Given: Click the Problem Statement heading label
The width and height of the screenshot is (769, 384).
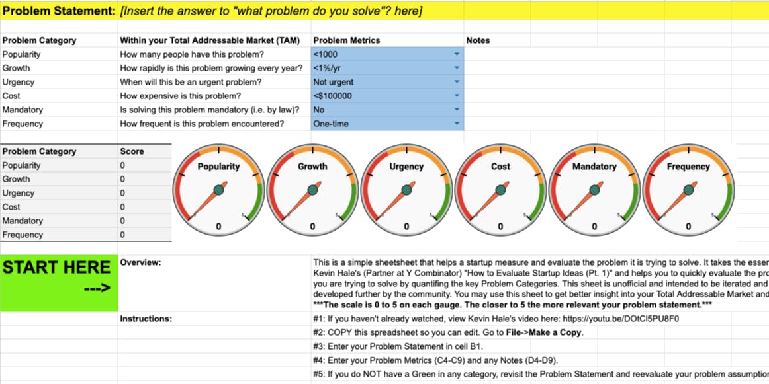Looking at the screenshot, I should click(58, 11).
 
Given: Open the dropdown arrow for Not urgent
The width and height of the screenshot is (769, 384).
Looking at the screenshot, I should click(457, 82).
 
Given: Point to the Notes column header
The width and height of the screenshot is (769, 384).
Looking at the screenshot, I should click(478, 40).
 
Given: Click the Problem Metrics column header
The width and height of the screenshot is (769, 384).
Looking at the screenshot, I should click(346, 40).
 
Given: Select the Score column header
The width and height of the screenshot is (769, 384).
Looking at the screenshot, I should click(132, 151).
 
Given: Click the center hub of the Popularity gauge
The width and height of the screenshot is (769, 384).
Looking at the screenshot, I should click(218, 190).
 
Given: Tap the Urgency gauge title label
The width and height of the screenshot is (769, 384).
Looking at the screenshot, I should click(406, 167).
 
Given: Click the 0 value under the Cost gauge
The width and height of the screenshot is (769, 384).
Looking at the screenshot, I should click(500, 227).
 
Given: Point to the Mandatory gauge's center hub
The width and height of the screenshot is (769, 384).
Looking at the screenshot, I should click(594, 190).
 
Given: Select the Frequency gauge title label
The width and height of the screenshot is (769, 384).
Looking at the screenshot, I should click(688, 167).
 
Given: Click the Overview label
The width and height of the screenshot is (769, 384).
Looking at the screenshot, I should click(140, 262).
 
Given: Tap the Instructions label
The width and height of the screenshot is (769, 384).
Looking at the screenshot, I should click(146, 319).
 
